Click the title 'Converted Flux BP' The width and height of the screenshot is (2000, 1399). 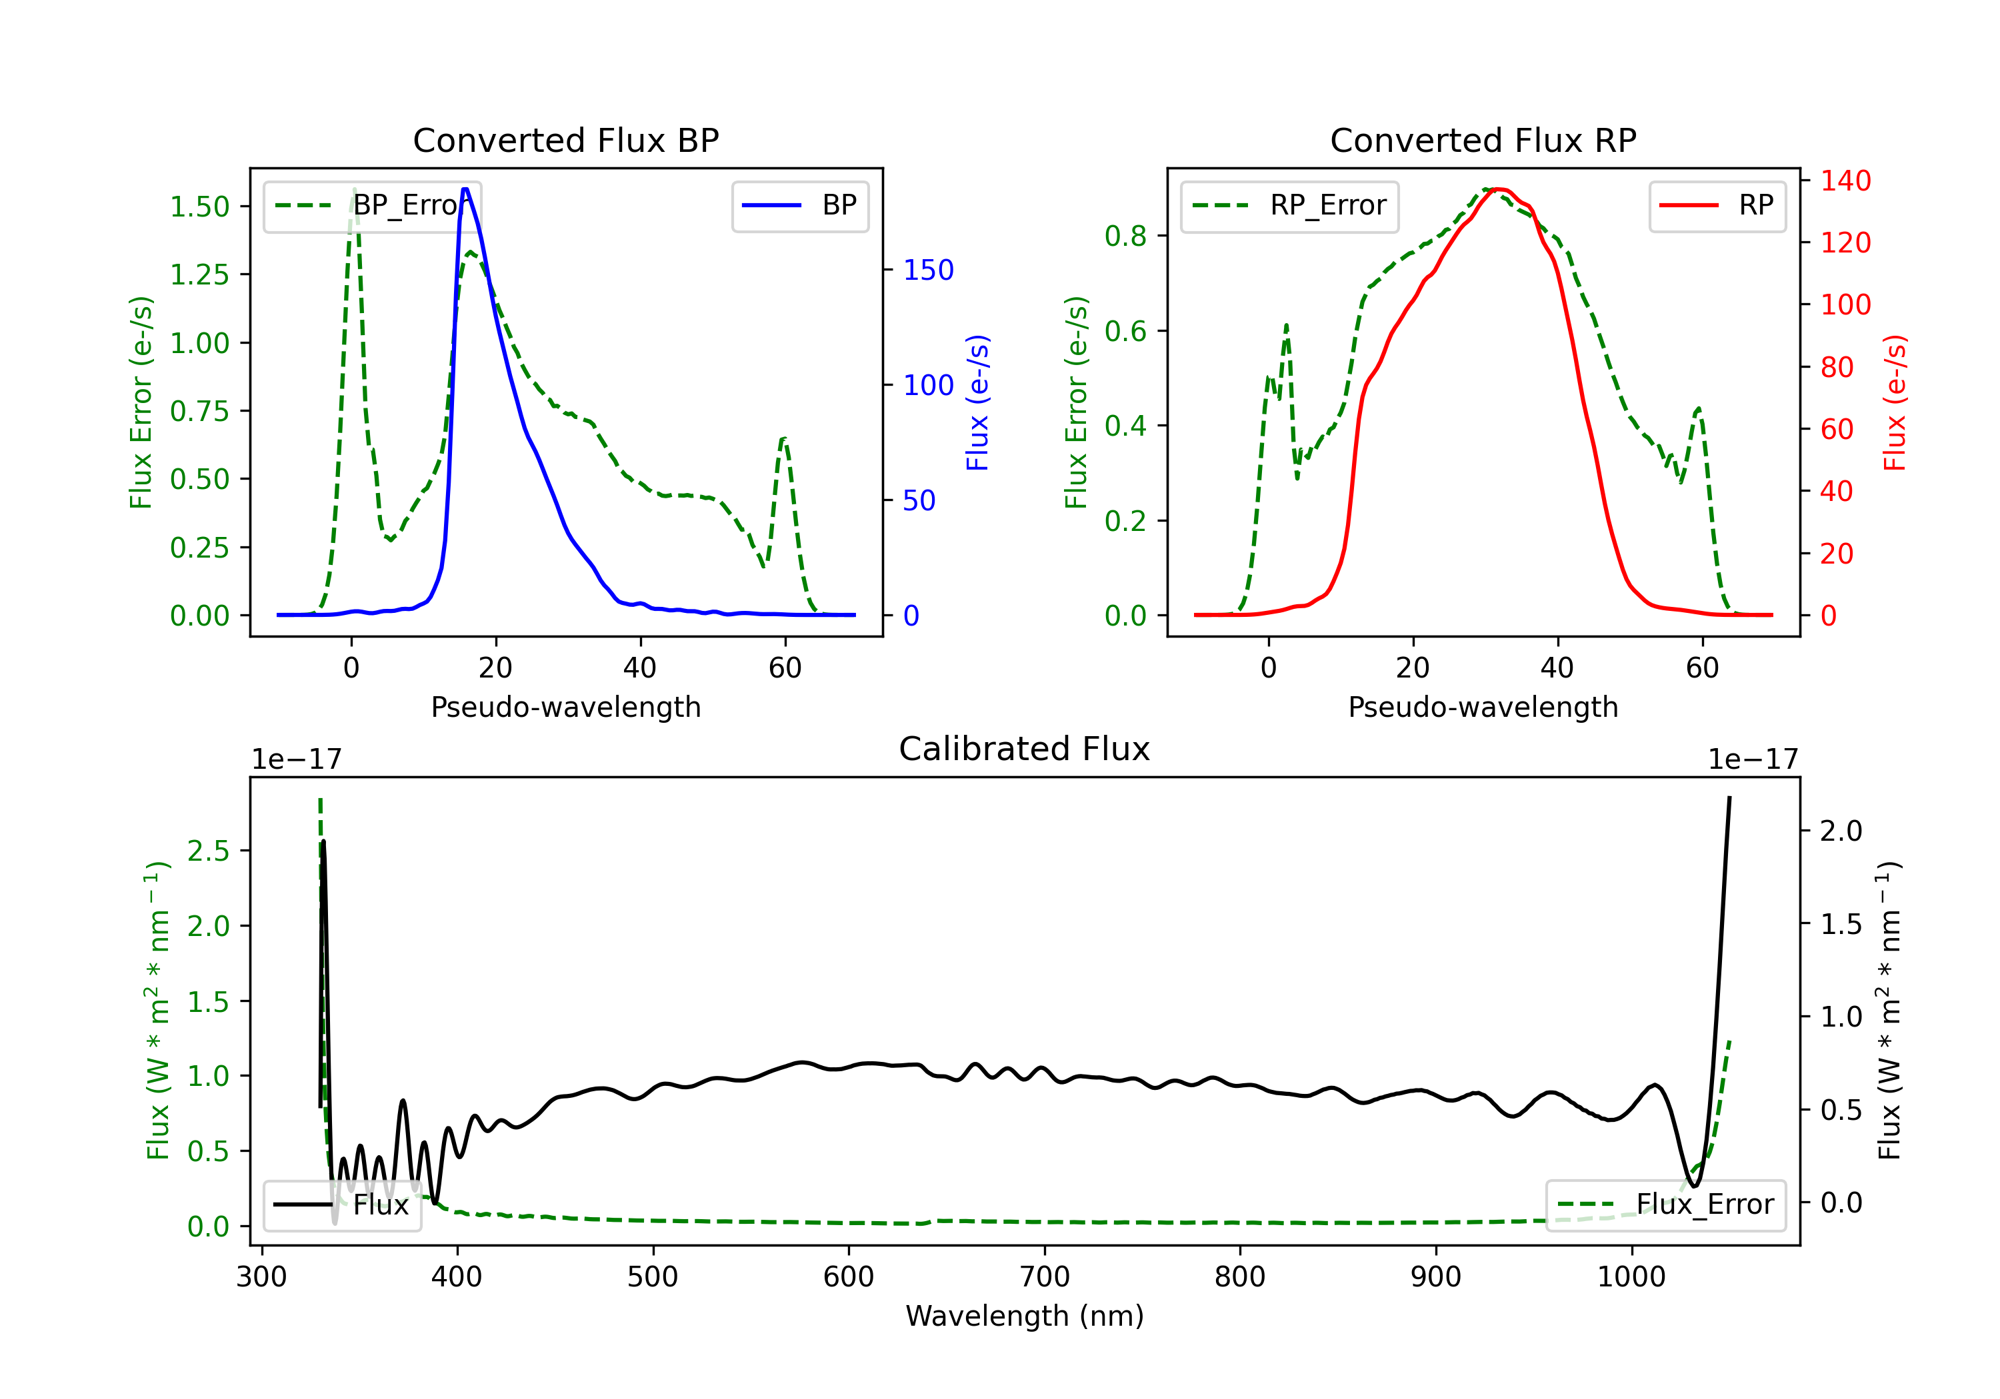pyautogui.click(x=565, y=140)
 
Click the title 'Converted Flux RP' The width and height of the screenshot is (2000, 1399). pyautogui.click(x=1483, y=140)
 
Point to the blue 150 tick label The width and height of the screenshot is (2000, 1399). pyautogui.click(x=928, y=270)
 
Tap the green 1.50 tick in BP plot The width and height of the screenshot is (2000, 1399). pyautogui.click(x=199, y=207)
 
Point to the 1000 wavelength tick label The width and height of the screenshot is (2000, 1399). pyautogui.click(x=1631, y=1277)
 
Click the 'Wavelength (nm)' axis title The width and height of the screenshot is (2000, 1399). pyautogui.click(x=1025, y=1316)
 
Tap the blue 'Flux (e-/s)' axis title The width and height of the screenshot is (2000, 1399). pyautogui.click(x=977, y=403)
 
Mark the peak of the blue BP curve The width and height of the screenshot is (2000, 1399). pyautogui.click(x=465, y=189)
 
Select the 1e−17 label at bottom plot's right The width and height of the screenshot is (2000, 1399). pyautogui.click(x=1753, y=759)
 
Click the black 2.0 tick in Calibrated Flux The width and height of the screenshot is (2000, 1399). pyautogui.click(x=1841, y=831)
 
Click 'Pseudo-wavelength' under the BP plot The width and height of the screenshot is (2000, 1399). pyautogui.click(x=565, y=707)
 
